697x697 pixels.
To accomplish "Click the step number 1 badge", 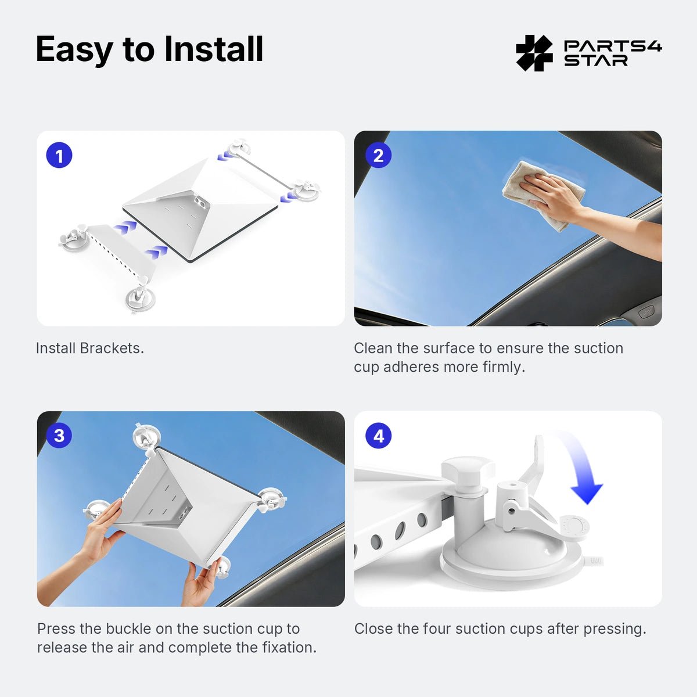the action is click(x=59, y=156).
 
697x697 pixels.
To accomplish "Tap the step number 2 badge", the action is click(x=378, y=156).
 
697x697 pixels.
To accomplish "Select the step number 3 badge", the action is click(x=59, y=436).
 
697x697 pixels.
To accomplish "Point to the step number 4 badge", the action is click(x=378, y=436).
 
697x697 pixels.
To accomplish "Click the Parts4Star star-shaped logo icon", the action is click(x=534, y=53).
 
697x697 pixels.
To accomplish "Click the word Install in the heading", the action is click(x=213, y=49).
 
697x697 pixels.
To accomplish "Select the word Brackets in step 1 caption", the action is click(x=112, y=348).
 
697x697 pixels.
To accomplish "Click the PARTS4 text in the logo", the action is click(x=613, y=46).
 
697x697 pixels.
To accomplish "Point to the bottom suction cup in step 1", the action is click(x=141, y=297).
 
